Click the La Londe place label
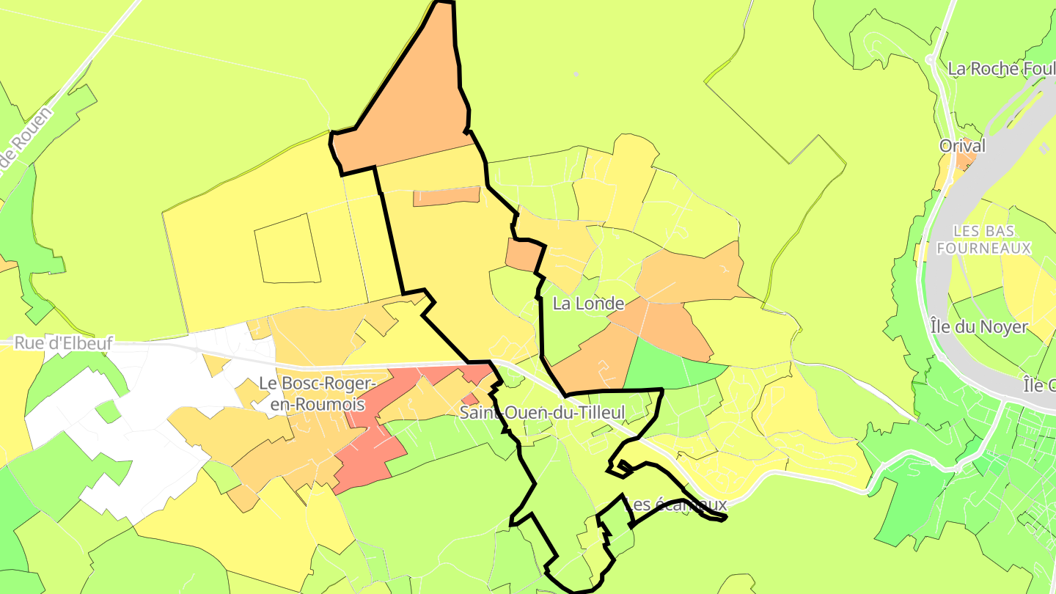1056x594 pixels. click(588, 304)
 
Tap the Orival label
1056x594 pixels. click(962, 146)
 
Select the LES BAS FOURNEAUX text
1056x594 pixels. click(983, 239)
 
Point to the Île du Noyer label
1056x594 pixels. click(978, 326)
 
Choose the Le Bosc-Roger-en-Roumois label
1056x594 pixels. click(317, 394)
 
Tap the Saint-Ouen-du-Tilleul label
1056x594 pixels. click(543, 412)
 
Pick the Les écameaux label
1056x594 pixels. click(675, 505)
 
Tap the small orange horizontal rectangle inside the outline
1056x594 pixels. click(447, 196)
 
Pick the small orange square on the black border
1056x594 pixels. click(523, 254)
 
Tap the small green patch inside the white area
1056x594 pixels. click(108, 411)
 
